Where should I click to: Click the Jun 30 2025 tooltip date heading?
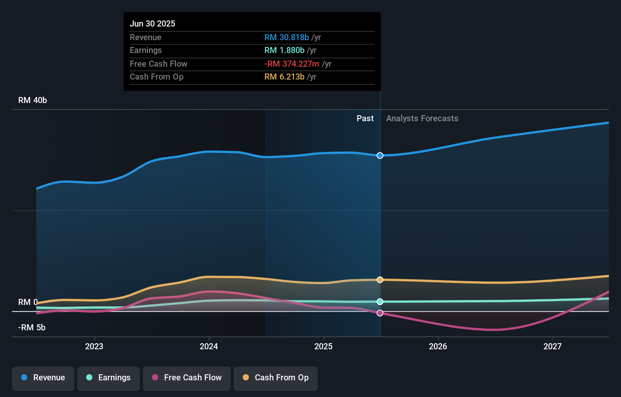(x=152, y=23)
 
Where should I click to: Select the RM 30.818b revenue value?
(x=286, y=37)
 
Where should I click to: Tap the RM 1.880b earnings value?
(x=284, y=50)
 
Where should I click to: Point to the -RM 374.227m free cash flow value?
(x=292, y=64)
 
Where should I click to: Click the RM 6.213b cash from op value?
(x=284, y=77)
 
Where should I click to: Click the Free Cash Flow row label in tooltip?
(x=158, y=64)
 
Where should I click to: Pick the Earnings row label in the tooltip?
(x=146, y=50)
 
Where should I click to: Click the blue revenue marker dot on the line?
(x=380, y=155)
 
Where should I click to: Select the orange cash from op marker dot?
(x=380, y=280)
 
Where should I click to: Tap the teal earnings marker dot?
(x=380, y=302)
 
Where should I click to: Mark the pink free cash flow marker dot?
(x=380, y=313)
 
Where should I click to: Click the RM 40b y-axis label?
(x=33, y=100)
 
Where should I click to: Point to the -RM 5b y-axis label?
(x=32, y=327)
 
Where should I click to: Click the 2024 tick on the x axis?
(x=209, y=346)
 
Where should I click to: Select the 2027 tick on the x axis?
(x=552, y=346)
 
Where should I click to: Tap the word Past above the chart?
(x=365, y=118)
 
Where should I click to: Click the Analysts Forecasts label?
(x=422, y=118)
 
